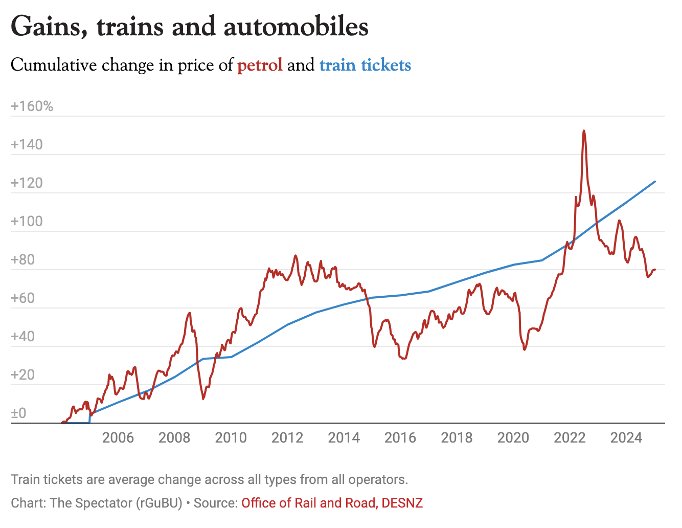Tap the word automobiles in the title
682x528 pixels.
(x=296, y=27)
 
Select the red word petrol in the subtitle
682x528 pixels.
(x=260, y=65)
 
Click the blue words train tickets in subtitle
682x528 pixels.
(x=365, y=65)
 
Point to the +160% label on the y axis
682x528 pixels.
(x=32, y=106)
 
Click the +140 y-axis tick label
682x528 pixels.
(x=27, y=145)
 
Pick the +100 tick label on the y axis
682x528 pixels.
(x=27, y=222)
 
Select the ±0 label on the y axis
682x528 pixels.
(x=18, y=413)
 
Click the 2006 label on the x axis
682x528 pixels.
(x=118, y=438)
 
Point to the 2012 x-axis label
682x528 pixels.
(x=287, y=438)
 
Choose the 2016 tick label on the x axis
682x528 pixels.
(x=400, y=438)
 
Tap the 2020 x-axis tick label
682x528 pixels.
(x=513, y=438)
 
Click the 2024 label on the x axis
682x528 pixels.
(x=626, y=438)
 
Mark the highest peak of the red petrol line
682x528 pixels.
(x=584, y=131)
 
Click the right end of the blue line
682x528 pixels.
(x=655, y=182)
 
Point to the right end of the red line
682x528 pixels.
(x=655, y=270)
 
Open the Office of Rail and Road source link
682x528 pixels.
(x=309, y=503)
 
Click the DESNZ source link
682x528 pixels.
(x=402, y=503)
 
